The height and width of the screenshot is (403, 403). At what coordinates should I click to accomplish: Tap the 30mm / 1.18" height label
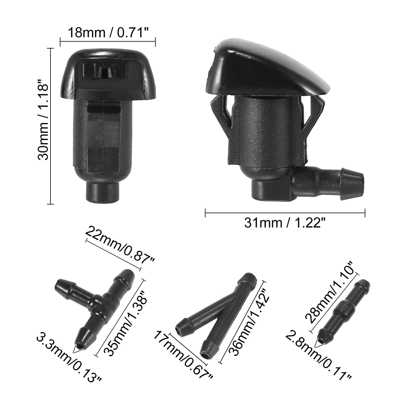(43, 119)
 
